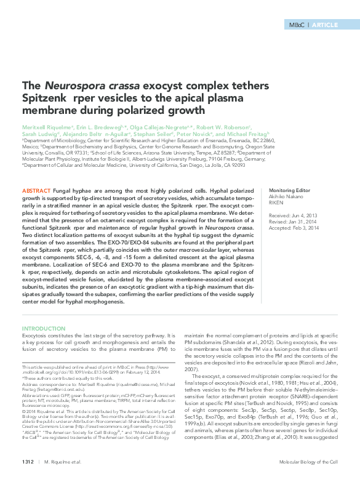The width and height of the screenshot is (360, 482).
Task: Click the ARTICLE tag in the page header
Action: click(x=326, y=25)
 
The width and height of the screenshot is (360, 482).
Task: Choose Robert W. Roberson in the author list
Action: click(x=224, y=125)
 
